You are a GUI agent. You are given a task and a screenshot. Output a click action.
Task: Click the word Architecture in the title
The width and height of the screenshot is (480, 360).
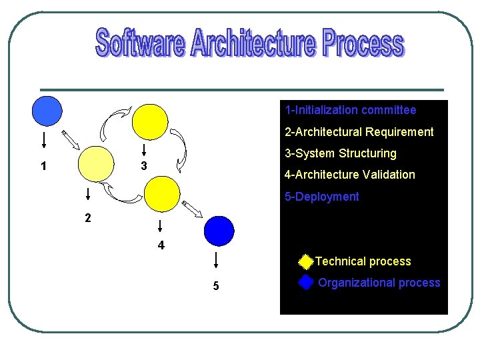pyautogui.click(x=252, y=44)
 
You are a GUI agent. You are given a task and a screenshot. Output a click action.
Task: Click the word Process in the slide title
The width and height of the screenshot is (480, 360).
pyautogui.click(x=363, y=44)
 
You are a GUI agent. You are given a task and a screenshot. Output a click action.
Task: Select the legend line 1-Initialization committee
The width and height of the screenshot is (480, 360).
pyautogui.click(x=350, y=110)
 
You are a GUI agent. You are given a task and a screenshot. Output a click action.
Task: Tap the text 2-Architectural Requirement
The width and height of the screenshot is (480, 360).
pyautogui.click(x=359, y=132)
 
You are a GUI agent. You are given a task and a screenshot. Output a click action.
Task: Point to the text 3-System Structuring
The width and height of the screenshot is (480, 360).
pyautogui.click(x=340, y=153)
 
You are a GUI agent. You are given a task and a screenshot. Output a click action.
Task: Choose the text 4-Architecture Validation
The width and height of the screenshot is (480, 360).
pyautogui.click(x=349, y=175)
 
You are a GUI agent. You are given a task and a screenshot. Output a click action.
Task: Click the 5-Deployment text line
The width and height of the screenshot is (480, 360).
pyautogui.click(x=321, y=197)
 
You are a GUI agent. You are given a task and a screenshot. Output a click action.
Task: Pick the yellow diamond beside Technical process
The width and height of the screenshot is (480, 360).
pyautogui.click(x=305, y=261)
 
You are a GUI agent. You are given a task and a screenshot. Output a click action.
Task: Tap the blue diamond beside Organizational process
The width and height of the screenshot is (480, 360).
pyautogui.click(x=305, y=283)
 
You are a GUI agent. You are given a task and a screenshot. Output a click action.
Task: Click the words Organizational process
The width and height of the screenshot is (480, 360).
pyautogui.click(x=379, y=283)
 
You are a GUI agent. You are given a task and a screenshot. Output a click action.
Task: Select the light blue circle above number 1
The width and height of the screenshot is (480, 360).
pyautogui.click(x=47, y=111)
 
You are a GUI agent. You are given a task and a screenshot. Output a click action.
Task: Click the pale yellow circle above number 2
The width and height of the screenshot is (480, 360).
pyautogui.click(x=96, y=164)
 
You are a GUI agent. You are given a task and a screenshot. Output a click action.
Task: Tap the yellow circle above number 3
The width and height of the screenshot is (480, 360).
pyautogui.click(x=150, y=122)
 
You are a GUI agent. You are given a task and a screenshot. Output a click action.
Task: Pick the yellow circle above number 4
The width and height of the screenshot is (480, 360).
pyautogui.click(x=162, y=193)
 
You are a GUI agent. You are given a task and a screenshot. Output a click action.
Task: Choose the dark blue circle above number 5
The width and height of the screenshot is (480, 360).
pyautogui.click(x=219, y=231)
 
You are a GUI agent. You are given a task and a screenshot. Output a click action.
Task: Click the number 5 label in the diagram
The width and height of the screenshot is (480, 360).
pyautogui.click(x=215, y=286)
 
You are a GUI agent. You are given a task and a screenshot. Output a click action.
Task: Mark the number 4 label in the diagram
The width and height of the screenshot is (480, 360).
pyautogui.click(x=161, y=245)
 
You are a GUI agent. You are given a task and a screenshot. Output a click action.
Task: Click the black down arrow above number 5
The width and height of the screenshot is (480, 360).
pyautogui.click(x=215, y=259)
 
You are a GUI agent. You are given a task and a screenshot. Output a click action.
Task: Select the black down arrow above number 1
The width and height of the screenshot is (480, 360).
pyautogui.click(x=44, y=140)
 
